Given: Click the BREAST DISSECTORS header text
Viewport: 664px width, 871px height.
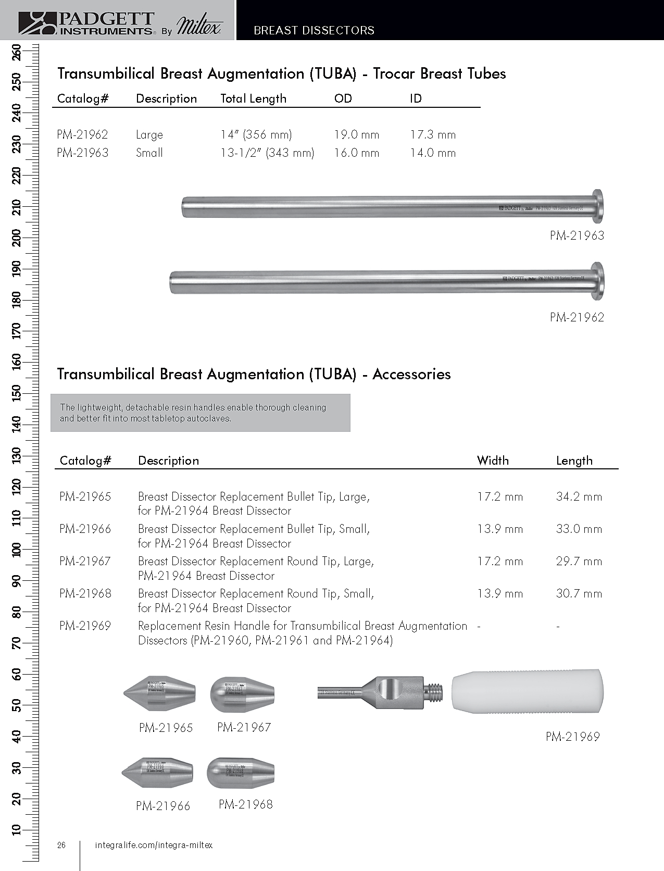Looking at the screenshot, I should tap(314, 30).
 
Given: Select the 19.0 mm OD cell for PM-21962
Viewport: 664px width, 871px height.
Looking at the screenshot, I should tap(356, 134).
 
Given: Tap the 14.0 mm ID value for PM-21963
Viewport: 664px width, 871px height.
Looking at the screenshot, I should tap(432, 153).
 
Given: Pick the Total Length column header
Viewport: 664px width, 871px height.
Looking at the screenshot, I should tap(253, 98).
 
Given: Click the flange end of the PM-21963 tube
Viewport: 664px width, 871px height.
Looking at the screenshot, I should tap(598, 206).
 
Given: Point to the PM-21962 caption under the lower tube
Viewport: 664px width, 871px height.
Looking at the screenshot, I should tap(577, 317).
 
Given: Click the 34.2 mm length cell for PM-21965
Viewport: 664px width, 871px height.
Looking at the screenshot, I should tap(579, 497).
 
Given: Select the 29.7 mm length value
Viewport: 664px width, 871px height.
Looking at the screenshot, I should tap(579, 562).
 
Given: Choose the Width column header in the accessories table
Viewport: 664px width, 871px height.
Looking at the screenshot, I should tap(493, 461).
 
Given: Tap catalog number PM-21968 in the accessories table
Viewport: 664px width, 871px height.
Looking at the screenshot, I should tap(85, 593).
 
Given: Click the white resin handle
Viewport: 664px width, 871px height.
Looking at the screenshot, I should tap(527, 691).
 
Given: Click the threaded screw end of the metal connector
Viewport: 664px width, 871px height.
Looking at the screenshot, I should tap(434, 692).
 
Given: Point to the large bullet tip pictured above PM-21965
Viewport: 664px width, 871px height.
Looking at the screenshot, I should tap(160, 693).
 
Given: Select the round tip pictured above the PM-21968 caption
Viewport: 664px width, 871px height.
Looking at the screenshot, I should tap(241, 773).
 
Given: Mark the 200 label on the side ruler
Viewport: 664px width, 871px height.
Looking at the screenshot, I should tap(16, 238).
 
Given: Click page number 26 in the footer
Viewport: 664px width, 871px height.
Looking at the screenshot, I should tap(61, 845).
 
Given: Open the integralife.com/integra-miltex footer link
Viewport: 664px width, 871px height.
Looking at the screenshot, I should tap(154, 845).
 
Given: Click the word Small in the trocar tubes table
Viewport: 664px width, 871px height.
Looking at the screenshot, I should tap(149, 153).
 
